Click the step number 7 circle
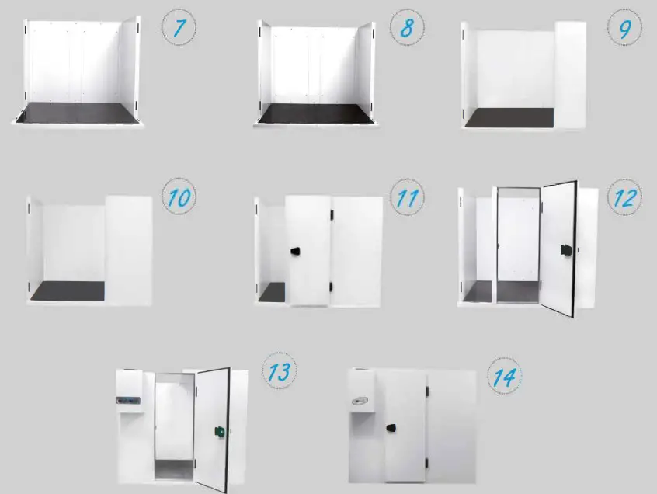[x=179, y=29]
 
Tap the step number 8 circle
[x=407, y=29]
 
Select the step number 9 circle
[x=624, y=29]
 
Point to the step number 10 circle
[x=179, y=198]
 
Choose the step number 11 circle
[x=406, y=198]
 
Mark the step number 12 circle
[x=623, y=198]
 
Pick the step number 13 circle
[x=278, y=372]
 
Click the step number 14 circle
[x=504, y=378]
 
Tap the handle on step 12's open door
[x=565, y=249]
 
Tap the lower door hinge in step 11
[x=332, y=287]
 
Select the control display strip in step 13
[x=127, y=401]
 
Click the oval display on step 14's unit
[x=359, y=402]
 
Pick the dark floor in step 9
[x=509, y=117]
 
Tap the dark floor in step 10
[x=68, y=290]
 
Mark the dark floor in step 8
[x=315, y=113]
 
